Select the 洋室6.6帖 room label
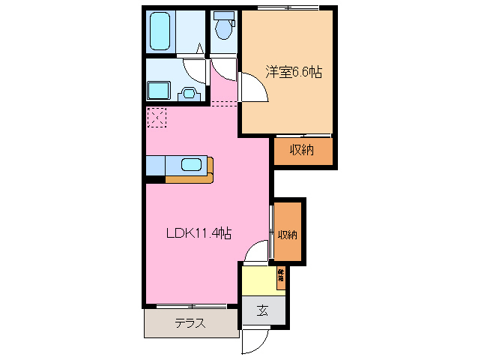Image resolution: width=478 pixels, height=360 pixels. (x=294, y=72)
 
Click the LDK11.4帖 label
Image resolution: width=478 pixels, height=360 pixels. (x=198, y=233)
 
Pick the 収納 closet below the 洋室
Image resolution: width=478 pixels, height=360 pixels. (x=302, y=150)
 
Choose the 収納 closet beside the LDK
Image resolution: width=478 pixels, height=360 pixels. (x=288, y=234)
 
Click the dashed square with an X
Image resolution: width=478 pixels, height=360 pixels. (x=157, y=117)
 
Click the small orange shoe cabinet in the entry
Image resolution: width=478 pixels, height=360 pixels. (x=281, y=275)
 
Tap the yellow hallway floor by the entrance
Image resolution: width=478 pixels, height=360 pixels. (x=258, y=281)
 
